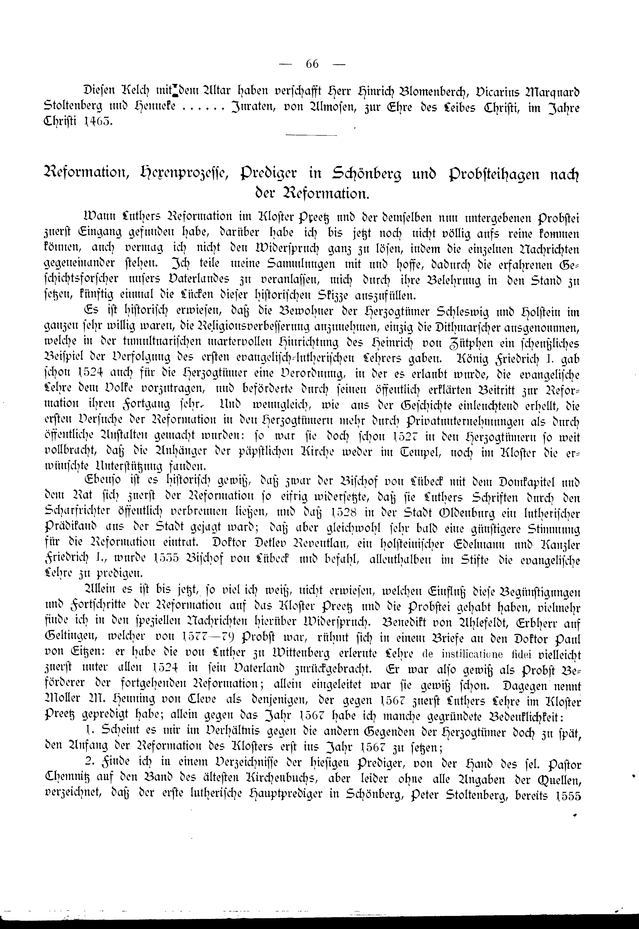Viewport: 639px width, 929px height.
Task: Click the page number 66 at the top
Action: coord(312,64)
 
